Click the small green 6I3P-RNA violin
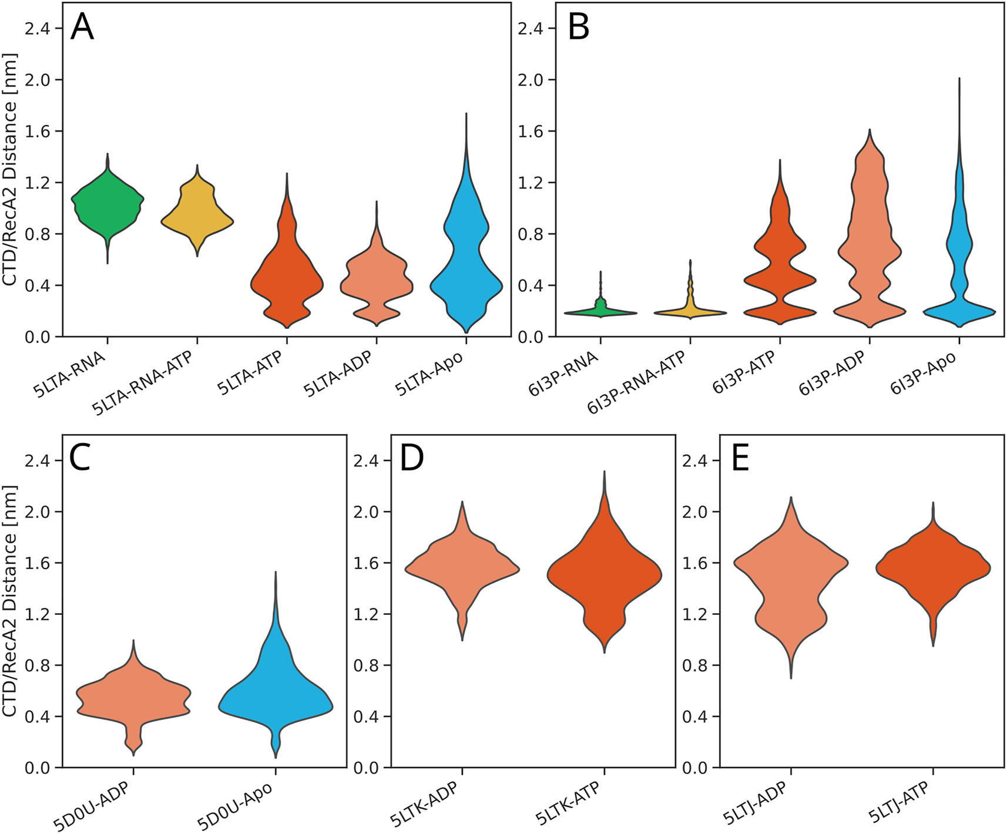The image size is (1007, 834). coord(600,312)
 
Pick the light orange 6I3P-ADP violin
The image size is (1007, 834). coord(870,247)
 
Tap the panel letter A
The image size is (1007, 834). coord(82,28)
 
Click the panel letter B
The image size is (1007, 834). coord(578,28)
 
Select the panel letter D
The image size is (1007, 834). coord(411,458)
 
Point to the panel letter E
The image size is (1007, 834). coord(740,458)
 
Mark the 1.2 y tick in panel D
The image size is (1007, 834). coord(365,614)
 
